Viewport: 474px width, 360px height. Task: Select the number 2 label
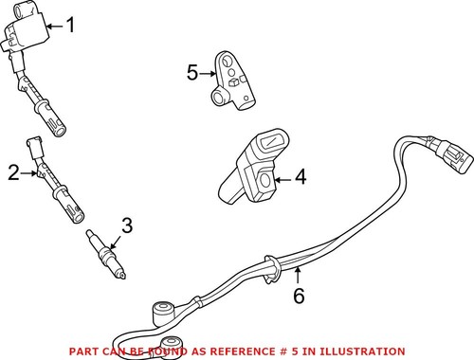click(13, 172)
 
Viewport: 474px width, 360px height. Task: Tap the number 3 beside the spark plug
click(127, 225)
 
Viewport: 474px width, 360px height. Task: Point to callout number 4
click(301, 176)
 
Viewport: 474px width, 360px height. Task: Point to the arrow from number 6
click(297, 277)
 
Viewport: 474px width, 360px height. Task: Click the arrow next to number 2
click(32, 172)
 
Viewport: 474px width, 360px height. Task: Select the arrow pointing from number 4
click(282, 176)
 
